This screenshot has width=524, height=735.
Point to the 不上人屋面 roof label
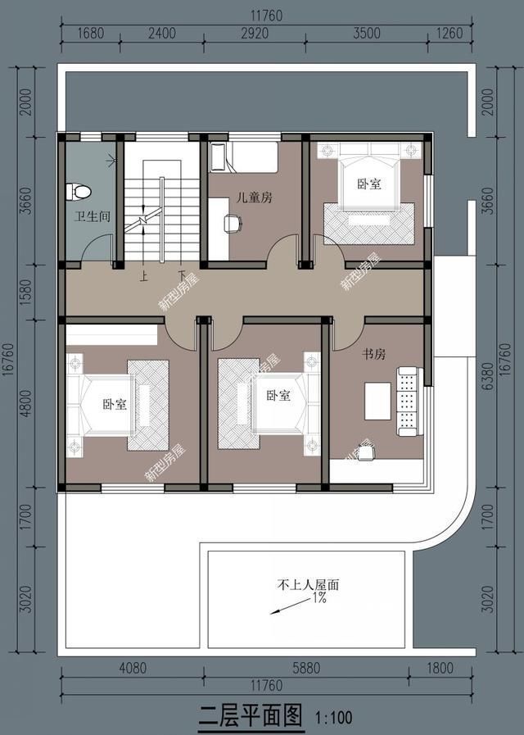pos(308,586)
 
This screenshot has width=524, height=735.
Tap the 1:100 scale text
pos(333,719)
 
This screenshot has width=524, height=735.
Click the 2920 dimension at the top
pos(255,34)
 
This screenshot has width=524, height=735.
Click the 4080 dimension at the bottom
pos(132,668)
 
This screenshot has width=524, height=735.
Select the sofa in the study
pos(408,401)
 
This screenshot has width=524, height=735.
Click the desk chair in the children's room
pos(232,221)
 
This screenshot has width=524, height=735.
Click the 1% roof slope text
pos(318,599)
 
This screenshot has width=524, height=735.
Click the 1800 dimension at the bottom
pos(439,668)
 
